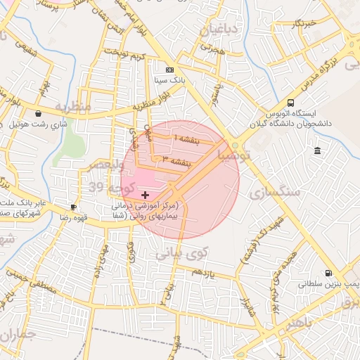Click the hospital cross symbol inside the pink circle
pyautogui.click(x=146, y=194)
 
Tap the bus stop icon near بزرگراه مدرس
pyautogui.click(x=291, y=103)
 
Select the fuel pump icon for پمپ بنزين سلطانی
pyautogui.click(x=328, y=274)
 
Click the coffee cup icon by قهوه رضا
pyautogui.click(x=73, y=207)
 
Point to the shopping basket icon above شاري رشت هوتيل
pyautogui.click(x=37, y=113)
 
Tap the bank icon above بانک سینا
pyautogui.click(x=169, y=70)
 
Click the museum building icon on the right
pyautogui.click(x=318, y=151)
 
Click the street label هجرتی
pyautogui.click(x=212, y=49)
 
